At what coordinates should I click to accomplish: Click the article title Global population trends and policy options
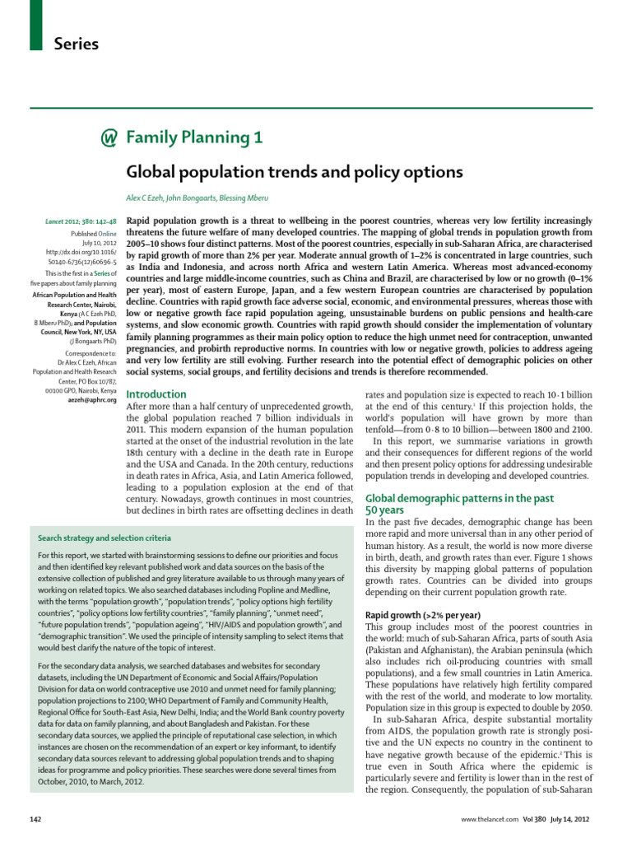point(294,172)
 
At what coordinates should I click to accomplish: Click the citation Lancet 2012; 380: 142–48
point(80,222)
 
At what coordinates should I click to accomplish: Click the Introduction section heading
point(156,394)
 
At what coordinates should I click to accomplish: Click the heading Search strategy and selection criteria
point(105,538)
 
